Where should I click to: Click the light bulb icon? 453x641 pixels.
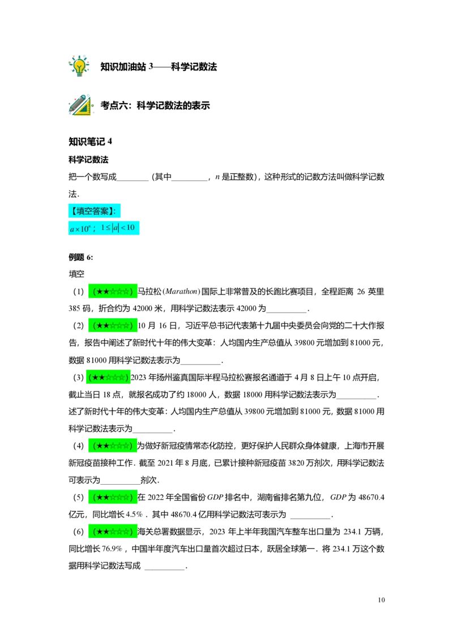coord(79,66)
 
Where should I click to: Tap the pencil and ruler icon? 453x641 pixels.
coord(80,105)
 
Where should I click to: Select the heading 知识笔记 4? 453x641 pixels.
coord(91,142)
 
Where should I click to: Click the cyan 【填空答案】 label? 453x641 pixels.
coord(95,211)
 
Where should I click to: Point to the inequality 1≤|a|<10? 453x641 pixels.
coord(118,228)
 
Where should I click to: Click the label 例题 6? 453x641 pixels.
coord(80,257)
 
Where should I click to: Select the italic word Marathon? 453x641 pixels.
coord(181,292)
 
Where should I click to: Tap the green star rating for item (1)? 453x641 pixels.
coord(113,292)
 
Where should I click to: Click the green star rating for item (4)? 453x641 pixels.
coord(113,446)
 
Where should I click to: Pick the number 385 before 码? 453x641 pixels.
coord(75,309)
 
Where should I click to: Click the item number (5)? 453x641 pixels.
coord(78,498)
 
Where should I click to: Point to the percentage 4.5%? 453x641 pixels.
coord(134,514)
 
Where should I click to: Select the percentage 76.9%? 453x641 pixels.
coord(112,549)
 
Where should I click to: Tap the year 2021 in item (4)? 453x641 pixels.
coord(165,463)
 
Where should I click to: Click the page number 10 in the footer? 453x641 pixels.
coord(382,600)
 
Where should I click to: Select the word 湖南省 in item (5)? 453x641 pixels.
coord(270,498)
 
